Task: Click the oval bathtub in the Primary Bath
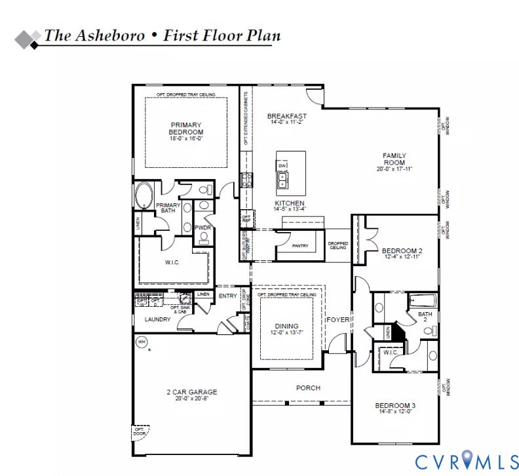pos(144,195)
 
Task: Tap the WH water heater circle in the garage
pos(141,341)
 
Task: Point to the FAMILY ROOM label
pos(394,159)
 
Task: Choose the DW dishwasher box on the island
pos(282,166)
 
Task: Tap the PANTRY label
pos(300,245)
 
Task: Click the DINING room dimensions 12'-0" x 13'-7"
pos(287,333)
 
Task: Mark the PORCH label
pos(308,387)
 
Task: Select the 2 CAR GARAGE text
pos(191,392)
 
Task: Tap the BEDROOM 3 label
pos(395,405)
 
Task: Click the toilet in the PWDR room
pos(204,238)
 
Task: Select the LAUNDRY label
pos(157,319)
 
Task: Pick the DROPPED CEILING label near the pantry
pos(337,245)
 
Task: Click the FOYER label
pos(338,320)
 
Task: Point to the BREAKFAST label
pos(287,116)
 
